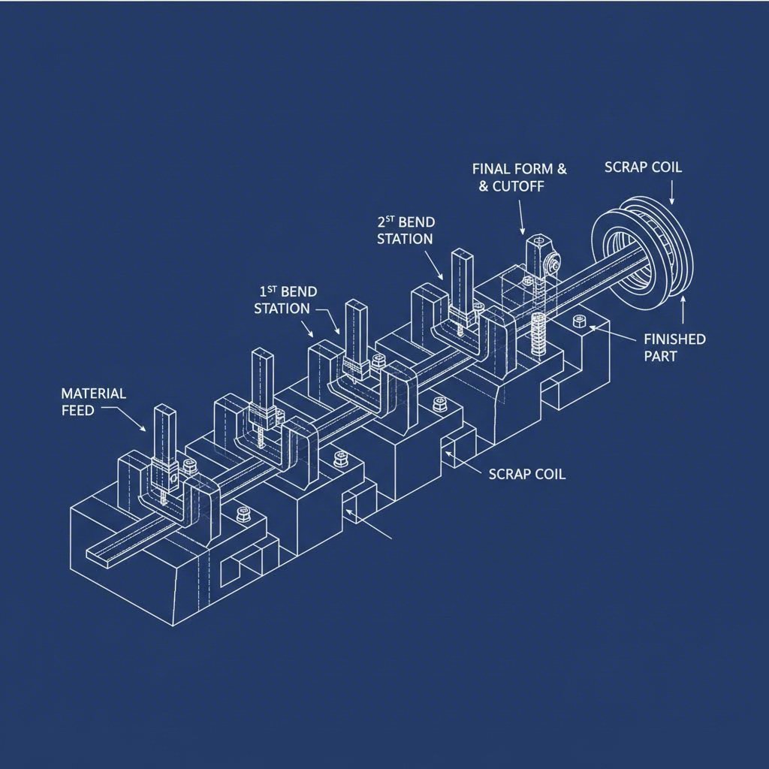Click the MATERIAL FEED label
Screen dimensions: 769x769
coord(93,401)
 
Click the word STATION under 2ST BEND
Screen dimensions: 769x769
coord(405,239)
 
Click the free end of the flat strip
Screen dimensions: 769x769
coord(94,554)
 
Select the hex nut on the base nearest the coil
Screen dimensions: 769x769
coord(580,321)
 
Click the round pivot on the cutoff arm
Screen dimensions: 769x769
coord(553,263)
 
